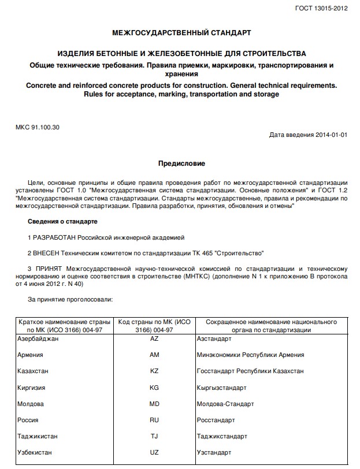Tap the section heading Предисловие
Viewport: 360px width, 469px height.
[x=181, y=163]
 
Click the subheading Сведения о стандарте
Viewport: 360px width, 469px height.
[x=62, y=222]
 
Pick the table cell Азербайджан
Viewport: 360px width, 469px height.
[x=39, y=338]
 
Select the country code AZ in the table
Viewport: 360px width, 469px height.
[x=154, y=338]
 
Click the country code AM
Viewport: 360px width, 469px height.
[x=154, y=355]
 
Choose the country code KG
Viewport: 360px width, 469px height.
[x=154, y=387]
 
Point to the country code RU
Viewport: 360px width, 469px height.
[x=154, y=419]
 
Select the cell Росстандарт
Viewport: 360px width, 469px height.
[x=216, y=419]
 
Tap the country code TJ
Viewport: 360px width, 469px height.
[x=154, y=435]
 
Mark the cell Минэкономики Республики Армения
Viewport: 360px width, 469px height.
[x=250, y=355]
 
